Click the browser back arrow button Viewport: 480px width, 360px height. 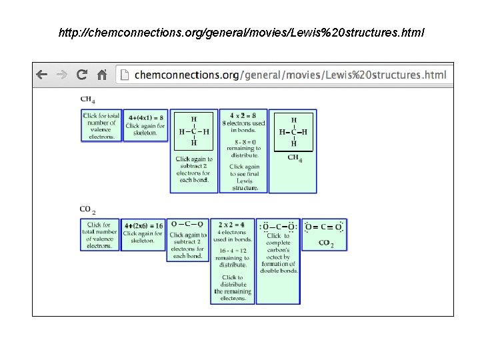point(42,75)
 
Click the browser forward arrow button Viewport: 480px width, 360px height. point(61,75)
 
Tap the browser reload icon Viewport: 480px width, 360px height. point(82,75)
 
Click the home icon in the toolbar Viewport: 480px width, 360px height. point(102,75)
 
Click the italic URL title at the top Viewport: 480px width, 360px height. point(240,32)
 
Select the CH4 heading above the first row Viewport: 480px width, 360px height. point(87,100)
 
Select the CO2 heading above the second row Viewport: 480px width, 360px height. point(87,210)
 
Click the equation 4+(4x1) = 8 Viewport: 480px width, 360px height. point(146,117)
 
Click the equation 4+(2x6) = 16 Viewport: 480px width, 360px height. point(143,226)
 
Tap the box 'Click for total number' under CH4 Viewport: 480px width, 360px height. point(101,125)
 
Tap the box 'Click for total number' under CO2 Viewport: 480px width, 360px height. point(100,235)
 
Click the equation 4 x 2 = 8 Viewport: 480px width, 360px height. point(243,115)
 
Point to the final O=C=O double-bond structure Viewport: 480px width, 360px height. point(324,227)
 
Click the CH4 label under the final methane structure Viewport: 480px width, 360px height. point(295,158)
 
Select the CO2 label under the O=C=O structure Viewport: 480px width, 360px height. point(326,243)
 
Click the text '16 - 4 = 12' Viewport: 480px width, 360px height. point(233,251)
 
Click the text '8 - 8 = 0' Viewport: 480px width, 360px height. point(243,141)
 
